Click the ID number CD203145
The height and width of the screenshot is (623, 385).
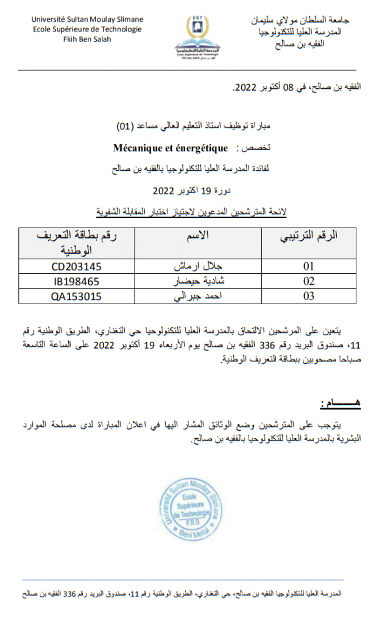[x=77, y=266]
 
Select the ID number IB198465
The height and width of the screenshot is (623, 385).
[x=77, y=282]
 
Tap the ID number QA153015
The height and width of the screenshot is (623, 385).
[x=77, y=297]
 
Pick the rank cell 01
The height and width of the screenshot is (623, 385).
[x=309, y=266]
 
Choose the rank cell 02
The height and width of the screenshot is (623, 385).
[x=309, y=282]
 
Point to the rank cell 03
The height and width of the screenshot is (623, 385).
[x=309, y=297]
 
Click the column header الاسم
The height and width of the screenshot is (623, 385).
[x=197, y=236]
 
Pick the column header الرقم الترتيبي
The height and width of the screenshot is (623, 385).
[x=309, y=236]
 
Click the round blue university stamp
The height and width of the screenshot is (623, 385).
[x=191, y=509]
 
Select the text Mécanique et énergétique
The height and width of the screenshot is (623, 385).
[x=171, y=148]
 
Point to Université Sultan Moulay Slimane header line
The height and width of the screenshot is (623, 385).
[x=87, y=19]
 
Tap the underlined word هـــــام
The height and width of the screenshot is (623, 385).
[x=338, y=405]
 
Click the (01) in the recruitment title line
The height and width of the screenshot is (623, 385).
[x=124, y=127]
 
